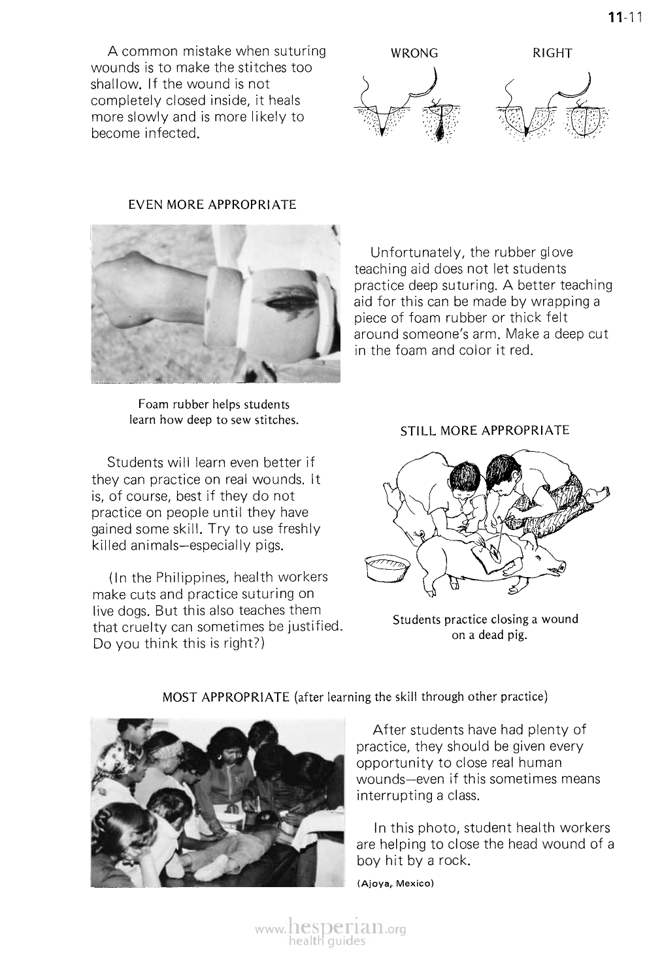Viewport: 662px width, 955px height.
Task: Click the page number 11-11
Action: [x=625, y=18]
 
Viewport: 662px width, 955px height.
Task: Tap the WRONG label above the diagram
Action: [x=414, y=54]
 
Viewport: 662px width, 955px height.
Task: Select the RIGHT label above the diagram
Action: [x=552, y=54]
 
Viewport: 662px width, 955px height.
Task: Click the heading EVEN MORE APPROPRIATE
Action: [x=212, y=205]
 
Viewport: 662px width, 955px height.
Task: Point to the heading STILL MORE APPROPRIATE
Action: [x=485, y=431]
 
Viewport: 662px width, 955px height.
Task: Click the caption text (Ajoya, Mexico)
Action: [x=395, y=883]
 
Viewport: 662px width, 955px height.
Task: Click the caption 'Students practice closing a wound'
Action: [x=485, y=619]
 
